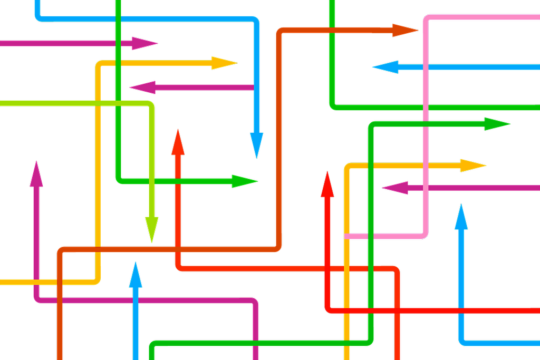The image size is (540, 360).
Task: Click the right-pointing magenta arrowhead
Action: pyautogui.click(x=145, y=43)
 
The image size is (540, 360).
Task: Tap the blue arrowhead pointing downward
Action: pyautogui.click(x=256, y=144)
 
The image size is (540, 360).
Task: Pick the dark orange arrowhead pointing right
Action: pyautogui.click(x=405, y=30)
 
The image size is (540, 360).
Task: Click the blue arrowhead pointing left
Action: pyautogui.click(x=385, y=67)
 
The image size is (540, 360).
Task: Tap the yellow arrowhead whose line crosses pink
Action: pyautogui.click(x=472, y=166)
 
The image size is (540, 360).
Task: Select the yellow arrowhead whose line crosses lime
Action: pyautogui.click(x=225, y=63)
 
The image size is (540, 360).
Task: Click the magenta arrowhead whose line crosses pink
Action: pyautogui.click(x=394, y=188)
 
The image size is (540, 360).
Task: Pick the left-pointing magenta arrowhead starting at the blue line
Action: pyautogui.click(x=142, y=87)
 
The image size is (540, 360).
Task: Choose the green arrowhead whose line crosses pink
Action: pyautogui.click(x=497, y=124)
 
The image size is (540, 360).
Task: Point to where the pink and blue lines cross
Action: pyautogui.click(x=426, y=67)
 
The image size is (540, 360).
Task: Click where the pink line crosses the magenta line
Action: pyautogui.click(x=426, y=188)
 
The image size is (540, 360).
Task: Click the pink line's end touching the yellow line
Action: pyautogui.click(x=348, y=237)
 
